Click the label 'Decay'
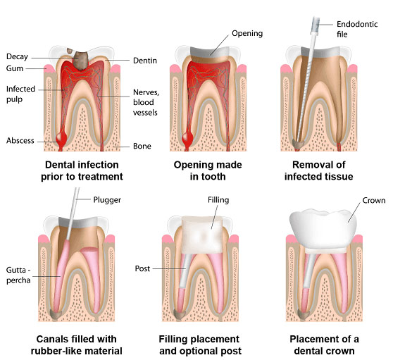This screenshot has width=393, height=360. point(17,56)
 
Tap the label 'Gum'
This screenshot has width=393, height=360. point(15,68)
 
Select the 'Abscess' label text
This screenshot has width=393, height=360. point(20,140)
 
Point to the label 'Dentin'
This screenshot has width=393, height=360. point(145,61)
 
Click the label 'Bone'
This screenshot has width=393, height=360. point(142,146)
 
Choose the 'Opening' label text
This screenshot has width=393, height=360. point(247,33)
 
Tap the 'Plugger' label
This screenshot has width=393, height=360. point(107,200)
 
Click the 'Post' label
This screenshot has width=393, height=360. point(142,268)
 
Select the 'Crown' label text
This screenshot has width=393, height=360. point(374,200)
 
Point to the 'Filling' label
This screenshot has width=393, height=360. point(218,200)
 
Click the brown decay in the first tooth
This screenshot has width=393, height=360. point(80,60)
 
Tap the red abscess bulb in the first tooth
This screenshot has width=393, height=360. point(61,137)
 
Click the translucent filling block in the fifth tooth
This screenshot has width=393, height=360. point(202,235)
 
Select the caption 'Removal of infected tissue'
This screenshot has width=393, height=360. point(318,170)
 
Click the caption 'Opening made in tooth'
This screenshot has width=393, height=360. point(208,170)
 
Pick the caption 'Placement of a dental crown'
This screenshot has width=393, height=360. point(324,345)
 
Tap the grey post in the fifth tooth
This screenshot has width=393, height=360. point(186,271)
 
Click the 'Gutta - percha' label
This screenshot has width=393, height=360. point(18,275)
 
